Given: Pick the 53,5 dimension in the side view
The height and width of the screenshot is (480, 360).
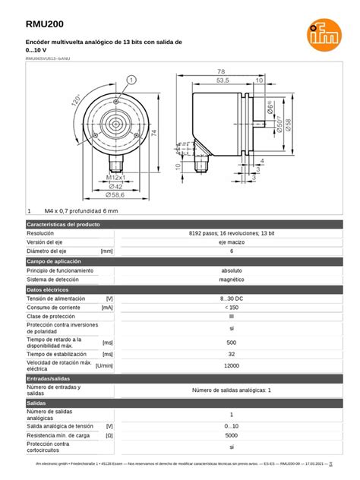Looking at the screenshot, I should [x=223, y=79].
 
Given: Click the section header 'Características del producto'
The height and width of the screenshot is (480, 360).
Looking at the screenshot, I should [x=63, y=225].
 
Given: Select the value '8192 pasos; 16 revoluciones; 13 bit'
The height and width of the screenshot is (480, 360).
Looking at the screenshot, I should [x=231, y=235].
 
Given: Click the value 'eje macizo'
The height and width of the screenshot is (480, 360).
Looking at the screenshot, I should [x=231, y=243].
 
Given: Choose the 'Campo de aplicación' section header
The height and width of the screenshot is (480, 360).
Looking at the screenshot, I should [x=55, y=261].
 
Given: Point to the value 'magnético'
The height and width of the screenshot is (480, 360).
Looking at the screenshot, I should [x=231, y=279].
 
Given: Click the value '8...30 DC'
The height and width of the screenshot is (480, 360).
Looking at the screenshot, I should [x=231, y=298].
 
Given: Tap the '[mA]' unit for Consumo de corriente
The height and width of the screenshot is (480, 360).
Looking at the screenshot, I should [x=109, y=308].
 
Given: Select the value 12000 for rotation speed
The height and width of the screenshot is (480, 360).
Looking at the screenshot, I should [x=231, y=366].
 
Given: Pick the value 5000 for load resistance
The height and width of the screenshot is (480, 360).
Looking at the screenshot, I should [x=231, y=436].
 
